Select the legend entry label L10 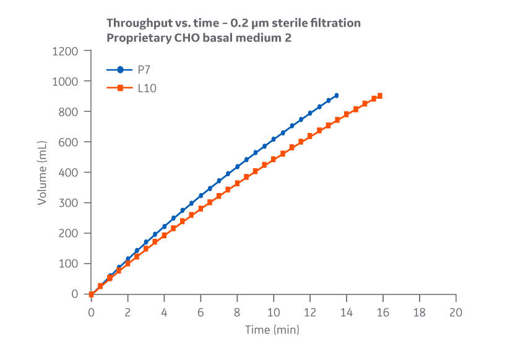click(147, 88)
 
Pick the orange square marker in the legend click(120, 88)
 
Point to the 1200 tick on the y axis click(65, 51)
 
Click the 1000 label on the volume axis click(65, 81)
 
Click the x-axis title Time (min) click(272, 330)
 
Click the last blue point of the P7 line click(336, 95)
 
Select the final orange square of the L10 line click(380, 96)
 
